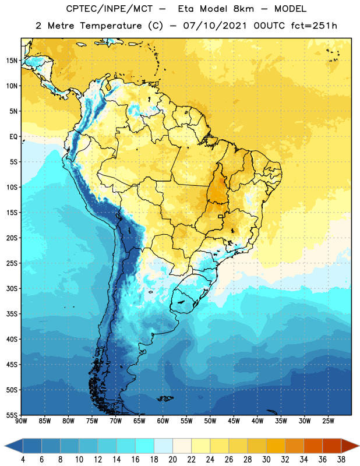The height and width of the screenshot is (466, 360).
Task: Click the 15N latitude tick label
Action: [x=12, y=61]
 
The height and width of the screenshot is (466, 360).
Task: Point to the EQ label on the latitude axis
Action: [x=13, y=137]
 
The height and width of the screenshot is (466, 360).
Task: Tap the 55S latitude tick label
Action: [x=12, y=415]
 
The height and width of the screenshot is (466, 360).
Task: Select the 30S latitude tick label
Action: [x=12, y=288]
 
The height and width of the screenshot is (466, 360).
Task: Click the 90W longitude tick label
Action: [x=21, y=421]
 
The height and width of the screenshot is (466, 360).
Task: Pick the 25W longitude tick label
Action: [x=328, y=421]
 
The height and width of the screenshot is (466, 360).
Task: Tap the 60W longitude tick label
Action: [x=163, y=421]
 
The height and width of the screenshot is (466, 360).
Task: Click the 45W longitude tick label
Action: [x=234, y=421]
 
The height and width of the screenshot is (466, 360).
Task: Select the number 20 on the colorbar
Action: [x=172, y=460]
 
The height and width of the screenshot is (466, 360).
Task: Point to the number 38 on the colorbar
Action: [x=341, y=460]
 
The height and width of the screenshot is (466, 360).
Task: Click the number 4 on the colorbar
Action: [x=23, y=460]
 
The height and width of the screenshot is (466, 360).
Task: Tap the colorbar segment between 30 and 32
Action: [x=276, y=446]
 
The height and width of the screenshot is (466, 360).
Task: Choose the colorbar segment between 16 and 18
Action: [x=144, y=446]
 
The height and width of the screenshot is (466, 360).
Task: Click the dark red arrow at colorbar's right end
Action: [x=350, y=446]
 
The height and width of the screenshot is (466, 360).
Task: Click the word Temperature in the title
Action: [x=111, y=26]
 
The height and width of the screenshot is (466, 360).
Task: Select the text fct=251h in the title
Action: [x=314, y=26]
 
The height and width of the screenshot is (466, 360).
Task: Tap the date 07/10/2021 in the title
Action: [x=215, y=26]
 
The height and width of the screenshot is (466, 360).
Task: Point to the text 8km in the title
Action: [x=243, y=9]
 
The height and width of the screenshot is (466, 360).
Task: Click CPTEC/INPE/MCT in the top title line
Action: [x=110, y=9]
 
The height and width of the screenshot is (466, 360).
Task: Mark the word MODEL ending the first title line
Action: [x=291, y=9]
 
